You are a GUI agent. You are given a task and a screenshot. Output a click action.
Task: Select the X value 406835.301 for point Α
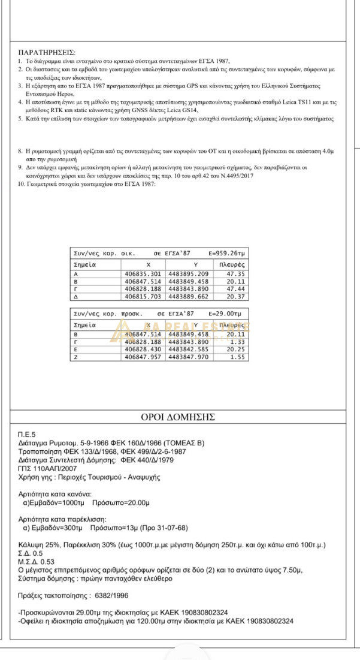(146, 274)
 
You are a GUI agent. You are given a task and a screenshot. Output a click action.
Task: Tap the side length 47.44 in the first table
(236, 288)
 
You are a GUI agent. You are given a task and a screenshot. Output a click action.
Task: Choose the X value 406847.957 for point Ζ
(146, 356)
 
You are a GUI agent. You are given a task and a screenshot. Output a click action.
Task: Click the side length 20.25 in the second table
(236, 349)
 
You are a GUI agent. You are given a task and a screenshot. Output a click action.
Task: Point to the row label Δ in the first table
(75, 296)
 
